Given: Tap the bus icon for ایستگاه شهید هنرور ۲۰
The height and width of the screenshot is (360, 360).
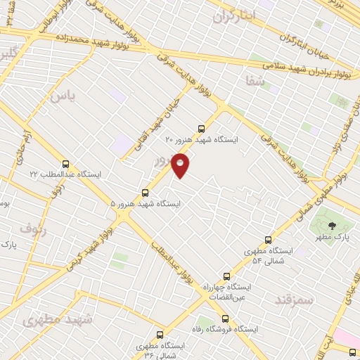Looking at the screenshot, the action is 202,129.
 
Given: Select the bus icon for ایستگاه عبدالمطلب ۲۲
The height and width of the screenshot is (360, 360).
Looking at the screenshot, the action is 66,163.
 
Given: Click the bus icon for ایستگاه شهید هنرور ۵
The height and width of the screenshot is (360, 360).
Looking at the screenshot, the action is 146,192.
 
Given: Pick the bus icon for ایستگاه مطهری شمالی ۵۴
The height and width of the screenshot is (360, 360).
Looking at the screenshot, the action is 267,240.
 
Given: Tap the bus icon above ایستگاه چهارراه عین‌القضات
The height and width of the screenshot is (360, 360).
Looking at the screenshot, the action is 226,276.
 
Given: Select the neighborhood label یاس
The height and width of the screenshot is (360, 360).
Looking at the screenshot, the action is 61,95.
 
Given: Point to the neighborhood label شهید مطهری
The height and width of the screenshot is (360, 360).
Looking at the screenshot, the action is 58,320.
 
